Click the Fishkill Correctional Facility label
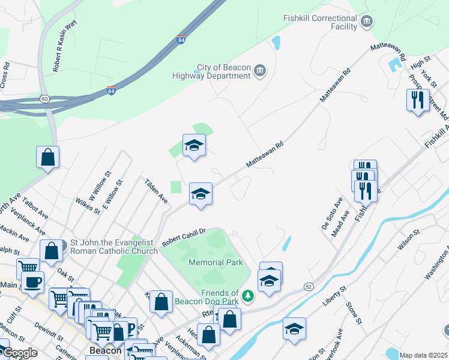321,23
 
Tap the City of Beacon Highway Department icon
260,71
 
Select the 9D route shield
44,98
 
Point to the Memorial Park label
215,262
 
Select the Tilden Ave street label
155,190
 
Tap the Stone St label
352,313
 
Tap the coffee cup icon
32,281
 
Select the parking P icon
128,328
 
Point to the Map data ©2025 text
423,355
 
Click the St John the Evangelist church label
114,246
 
